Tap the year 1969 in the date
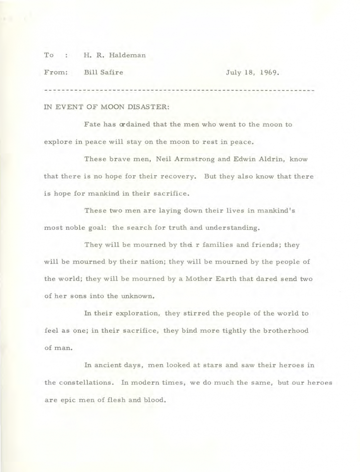268,72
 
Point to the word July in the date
234,72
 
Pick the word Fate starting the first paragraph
93,125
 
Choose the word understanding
219,227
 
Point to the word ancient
110,365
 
